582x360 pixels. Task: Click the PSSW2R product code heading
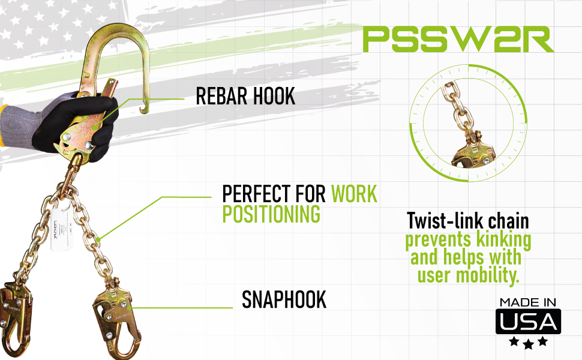(458, 40)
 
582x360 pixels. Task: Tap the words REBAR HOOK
(246, 97)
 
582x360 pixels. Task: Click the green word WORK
(354, 194)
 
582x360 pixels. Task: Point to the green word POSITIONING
(271, 215)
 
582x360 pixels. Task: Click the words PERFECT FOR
(274, 194)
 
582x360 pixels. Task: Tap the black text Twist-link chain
(468, 221)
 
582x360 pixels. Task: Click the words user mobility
(468, 277)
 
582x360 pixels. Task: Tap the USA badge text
(528, 322)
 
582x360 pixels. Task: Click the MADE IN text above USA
(528, 302)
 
